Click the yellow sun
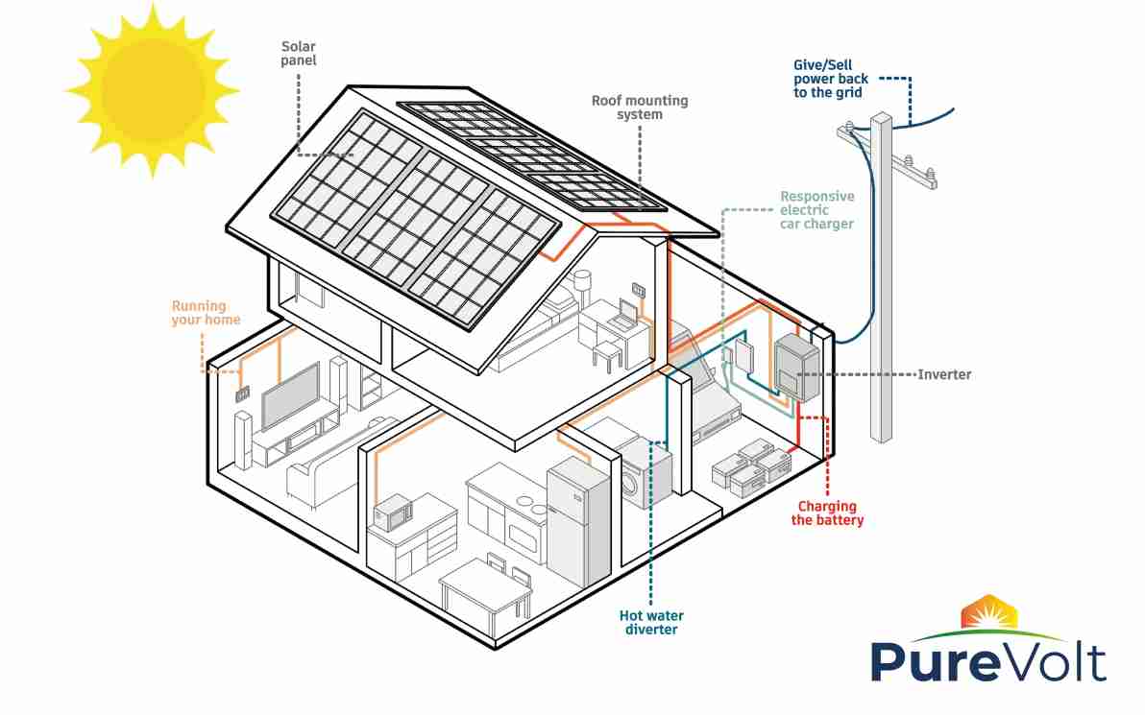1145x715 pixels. click(x=152, y=89)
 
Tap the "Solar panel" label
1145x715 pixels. click(x=299, y=53)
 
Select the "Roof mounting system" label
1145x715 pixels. click(x=639, y=107)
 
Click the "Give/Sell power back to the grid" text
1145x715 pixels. click(x=830, y=79)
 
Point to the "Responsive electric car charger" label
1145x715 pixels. click(x=816, y=210)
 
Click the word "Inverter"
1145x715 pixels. click(x=944, y=374)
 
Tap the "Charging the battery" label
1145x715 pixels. click(x=827, y=513)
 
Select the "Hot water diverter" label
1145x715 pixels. click(x=650, y=622)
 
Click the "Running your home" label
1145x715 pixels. click(x=206, y=313)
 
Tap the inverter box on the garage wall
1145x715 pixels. click(x=795, y=368)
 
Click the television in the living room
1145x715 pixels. click(x=290, y=394)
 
